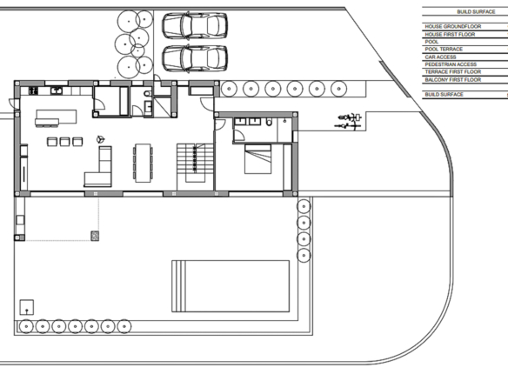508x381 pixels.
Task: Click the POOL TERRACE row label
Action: [444, 50]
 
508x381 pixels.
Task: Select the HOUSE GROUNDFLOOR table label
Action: [453, 27]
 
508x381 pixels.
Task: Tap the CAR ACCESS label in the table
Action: [440, 57]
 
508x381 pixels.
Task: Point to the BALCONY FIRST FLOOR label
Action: [453, 80]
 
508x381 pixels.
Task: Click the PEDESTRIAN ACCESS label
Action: [451, 64]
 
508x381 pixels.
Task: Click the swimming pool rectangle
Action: [231, 286]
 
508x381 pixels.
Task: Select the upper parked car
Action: [195, 25]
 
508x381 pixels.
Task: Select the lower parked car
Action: [195, 58]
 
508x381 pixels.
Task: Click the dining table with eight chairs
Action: [143, 163]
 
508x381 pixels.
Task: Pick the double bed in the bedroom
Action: [257, 159]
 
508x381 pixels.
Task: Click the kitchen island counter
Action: [56, 117]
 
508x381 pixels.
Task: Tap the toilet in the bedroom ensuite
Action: [270, 122]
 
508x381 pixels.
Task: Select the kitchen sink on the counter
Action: [57, 90]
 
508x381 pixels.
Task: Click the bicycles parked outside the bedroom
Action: [349, 121]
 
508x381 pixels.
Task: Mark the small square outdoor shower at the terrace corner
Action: [27, 307]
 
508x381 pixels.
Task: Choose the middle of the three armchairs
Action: [64, 142]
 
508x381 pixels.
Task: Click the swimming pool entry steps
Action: [179, 286]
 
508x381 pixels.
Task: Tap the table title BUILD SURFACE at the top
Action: [476, 12]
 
